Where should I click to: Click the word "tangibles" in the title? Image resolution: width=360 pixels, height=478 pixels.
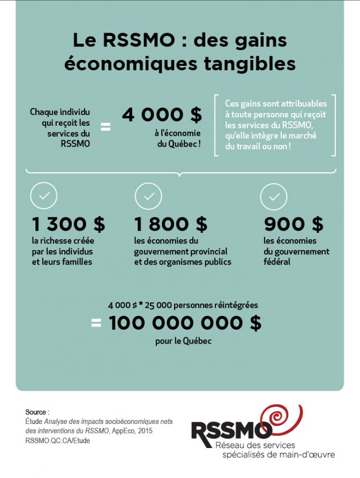253,63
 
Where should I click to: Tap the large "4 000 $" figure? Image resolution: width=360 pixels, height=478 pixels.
162,114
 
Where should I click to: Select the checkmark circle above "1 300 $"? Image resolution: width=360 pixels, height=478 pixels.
44,196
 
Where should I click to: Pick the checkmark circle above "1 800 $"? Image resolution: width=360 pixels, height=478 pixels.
148,196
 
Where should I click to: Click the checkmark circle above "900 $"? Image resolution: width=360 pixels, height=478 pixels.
274,196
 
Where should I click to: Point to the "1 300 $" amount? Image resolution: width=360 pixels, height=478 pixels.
68,224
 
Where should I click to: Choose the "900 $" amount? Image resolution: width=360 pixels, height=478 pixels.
294,224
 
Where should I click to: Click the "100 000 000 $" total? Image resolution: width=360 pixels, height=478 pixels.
185,323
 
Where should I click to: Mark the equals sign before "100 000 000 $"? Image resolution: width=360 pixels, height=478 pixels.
96,323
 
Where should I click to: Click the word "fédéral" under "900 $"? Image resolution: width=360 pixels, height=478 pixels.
276,262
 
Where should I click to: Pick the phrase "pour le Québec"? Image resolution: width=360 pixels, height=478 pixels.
183,340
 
